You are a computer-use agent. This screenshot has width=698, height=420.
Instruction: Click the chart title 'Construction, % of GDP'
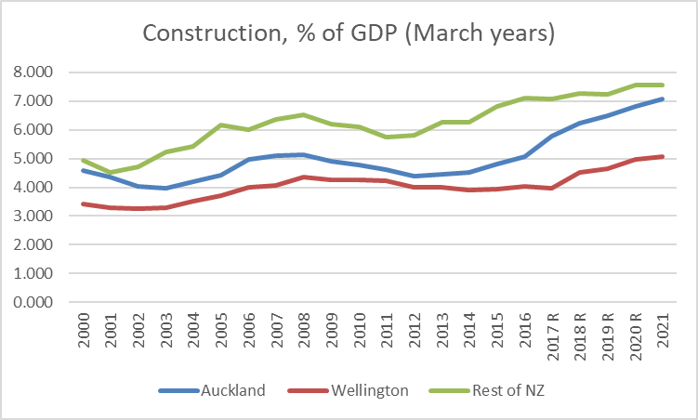[x=349, y=34]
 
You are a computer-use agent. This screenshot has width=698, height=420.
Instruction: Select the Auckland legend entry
[x=232, y=390]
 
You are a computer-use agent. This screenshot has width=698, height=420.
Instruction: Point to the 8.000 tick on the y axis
[x=33, y=72]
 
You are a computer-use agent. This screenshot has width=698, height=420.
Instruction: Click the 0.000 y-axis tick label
[x=33, y=303]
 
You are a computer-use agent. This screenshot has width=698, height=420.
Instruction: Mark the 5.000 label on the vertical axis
[x=33, y=158]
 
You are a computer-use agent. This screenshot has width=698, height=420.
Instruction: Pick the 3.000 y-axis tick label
[x=33, y=216]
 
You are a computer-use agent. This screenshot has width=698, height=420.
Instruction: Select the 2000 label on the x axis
[x=83, y=331]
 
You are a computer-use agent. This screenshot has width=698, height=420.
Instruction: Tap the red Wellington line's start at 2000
[x=83, y=203]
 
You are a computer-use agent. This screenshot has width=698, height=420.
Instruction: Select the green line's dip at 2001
[x=112, y=172]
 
